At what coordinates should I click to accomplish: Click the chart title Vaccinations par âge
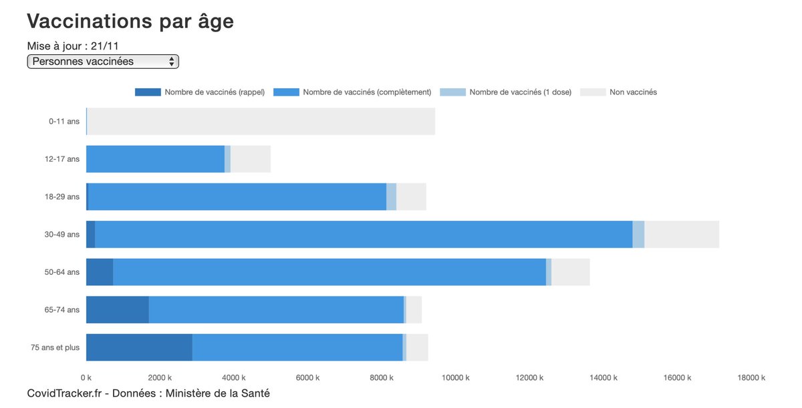coord(130,21)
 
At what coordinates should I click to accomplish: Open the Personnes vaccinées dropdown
coord(103,62)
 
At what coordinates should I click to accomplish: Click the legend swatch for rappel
coord(148,92)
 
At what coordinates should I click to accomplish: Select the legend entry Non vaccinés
coord(633,92)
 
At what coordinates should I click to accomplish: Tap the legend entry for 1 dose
coord(520,92)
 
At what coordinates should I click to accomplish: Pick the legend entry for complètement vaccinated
coord(367,92)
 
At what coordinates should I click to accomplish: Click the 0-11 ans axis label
coord(64,122)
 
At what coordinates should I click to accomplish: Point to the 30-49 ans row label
coord(62,235)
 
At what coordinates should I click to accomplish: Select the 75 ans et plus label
coord(55,348)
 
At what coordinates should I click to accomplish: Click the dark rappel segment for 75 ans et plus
coord(139,348)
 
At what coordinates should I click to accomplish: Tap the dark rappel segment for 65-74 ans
coord(118,310)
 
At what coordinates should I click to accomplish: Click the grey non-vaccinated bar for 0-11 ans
coord(261,122)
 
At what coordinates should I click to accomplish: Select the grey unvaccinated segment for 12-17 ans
coord(251,159)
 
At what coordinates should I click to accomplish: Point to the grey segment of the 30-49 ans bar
coord(682,235)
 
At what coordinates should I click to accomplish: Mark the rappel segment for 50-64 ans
coord(100,272)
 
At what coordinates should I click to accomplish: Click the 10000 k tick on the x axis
coord(456,378)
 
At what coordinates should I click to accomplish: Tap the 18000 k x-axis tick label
coord(751,378)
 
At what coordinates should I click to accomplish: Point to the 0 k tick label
coord(86,378)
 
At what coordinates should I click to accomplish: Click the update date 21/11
coord(105,46)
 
